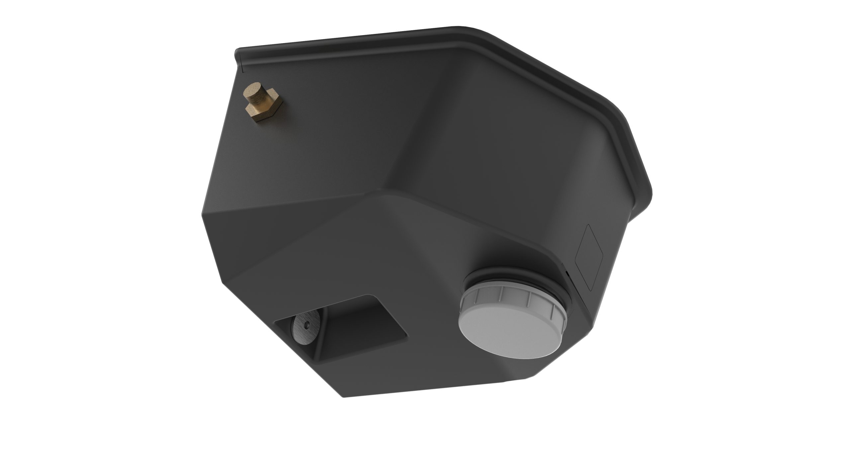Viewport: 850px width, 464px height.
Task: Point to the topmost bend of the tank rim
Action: (x=465, y=27)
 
